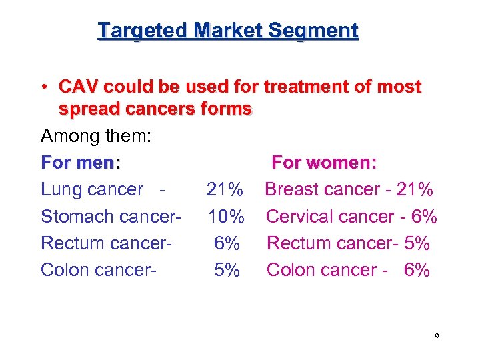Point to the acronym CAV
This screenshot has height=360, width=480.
coord(79,87)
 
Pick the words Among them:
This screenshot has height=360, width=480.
coord(96,137)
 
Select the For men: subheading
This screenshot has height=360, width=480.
coord(81,163)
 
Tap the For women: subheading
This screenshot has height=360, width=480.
coord(325,163)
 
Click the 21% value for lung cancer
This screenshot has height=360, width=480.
coord(225,190)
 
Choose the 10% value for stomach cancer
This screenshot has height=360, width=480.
coord(226,217)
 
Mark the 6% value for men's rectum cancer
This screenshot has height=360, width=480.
coord(227,243)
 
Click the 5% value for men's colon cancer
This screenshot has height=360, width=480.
coord(227,270)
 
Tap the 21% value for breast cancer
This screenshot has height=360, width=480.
coord(415,190)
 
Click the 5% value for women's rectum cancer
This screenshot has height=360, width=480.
coord(417,243)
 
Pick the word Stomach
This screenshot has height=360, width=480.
coord(72,217)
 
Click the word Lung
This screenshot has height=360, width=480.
coord(62,190)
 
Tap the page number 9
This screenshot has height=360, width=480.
coord(437,337)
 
